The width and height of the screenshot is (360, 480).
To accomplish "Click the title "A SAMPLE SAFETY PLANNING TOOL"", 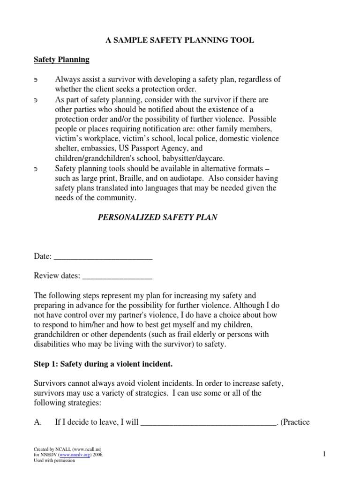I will [x=180, y=41].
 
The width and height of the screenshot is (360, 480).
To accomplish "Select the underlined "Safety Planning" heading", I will [x=61, y=60].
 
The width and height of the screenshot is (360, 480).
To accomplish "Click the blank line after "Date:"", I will [x=103, y=257].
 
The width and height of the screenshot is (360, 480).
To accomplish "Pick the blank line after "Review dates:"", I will [x=117, y=277].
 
